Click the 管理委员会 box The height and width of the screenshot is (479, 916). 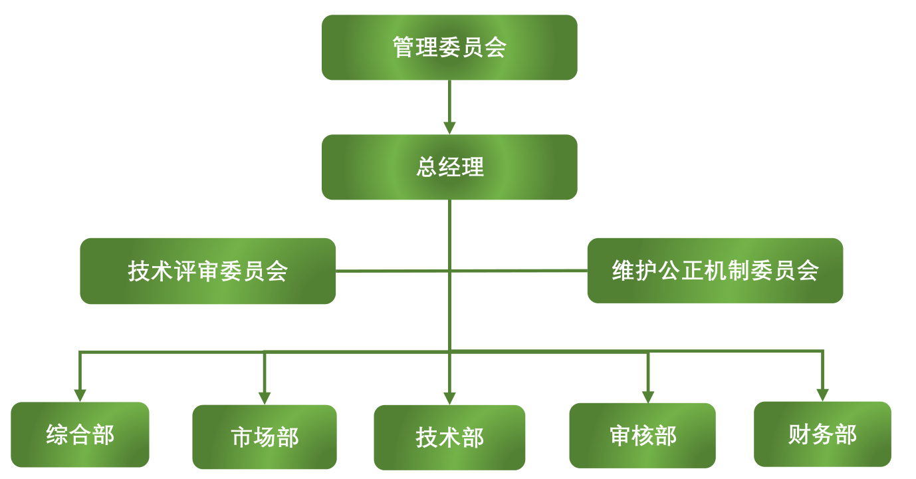tap(449, 47)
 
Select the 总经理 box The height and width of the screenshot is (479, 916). tap(449, 167)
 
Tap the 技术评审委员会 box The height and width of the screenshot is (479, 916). tap(207, 271)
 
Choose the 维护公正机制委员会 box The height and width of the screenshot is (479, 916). tap(715, 270)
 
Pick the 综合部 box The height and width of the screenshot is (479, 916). tap(80, 434)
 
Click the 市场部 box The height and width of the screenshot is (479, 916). tap(265, 437)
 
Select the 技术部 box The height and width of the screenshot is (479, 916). tap(449, 437)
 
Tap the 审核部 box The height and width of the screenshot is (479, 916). tap(642, 436)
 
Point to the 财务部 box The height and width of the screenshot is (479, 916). tap(822, 434)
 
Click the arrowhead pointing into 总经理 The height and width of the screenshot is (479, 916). tap(449, 127)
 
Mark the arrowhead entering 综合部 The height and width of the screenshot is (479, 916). tap(80, 395)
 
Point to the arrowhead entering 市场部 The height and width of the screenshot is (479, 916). tap(265, 397)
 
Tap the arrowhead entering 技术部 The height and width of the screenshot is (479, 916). tap(449, 397)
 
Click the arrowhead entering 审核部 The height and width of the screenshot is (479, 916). tap(648, 396)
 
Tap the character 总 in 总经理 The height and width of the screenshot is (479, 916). tap(427, 167)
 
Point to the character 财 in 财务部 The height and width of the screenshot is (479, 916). tap(800, 434)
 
